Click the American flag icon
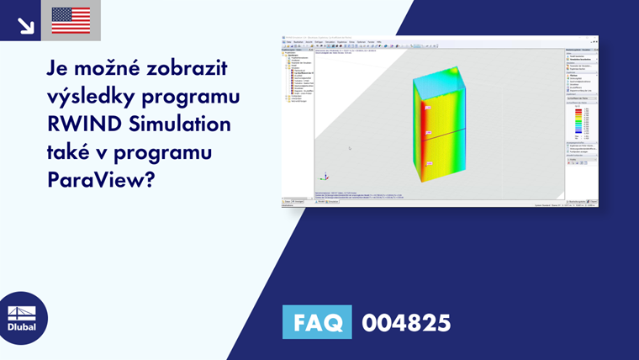(71, 20)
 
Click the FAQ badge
(317, 322)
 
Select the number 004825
(406, 323)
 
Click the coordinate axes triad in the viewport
(325, 177)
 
